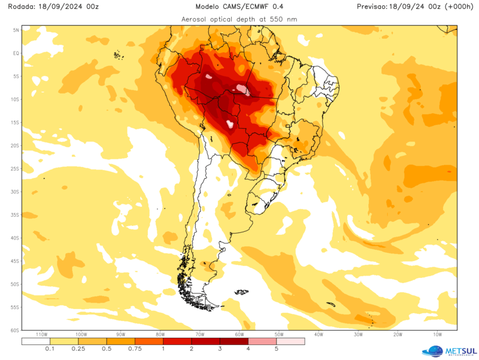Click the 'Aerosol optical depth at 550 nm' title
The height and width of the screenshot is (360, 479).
[x=239, y=19]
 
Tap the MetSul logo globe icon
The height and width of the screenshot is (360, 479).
[x=432, y=351]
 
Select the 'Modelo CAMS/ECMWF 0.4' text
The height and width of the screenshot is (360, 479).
[x=239, y=7]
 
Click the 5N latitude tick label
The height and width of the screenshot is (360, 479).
[x=17, y=30]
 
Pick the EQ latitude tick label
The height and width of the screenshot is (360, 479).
[x=17, y=53]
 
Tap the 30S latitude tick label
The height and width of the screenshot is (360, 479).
[x=16, y=192]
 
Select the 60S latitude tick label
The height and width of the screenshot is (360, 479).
[x=16, y=330]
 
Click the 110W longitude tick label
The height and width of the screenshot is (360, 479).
[x=42, y=335]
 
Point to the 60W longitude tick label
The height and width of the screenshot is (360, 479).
[x=238, y=335]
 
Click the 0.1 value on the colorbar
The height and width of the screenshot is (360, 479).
[x=50, y=349]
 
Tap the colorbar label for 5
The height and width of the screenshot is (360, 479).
[x=276, y=349]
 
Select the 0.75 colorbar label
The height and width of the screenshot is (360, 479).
[x=135, y=349]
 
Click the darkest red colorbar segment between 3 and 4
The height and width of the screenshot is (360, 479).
[x=234, y=341]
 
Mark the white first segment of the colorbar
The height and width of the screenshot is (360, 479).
[x=36, y=341]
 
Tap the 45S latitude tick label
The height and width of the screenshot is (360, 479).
[x=16, y=261]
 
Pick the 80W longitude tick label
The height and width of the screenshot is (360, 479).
[x=160, y=335]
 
